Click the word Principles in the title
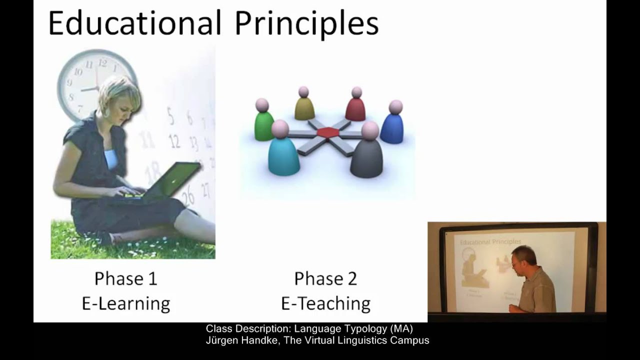(x=306, y=23)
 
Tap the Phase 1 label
(x=125, y=278)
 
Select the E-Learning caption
(x=125, y=303)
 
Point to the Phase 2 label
(x=325, y=278)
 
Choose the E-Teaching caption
(x=325, y=303)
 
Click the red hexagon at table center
(x=328, y=132)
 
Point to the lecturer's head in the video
(x=523, y=256)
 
